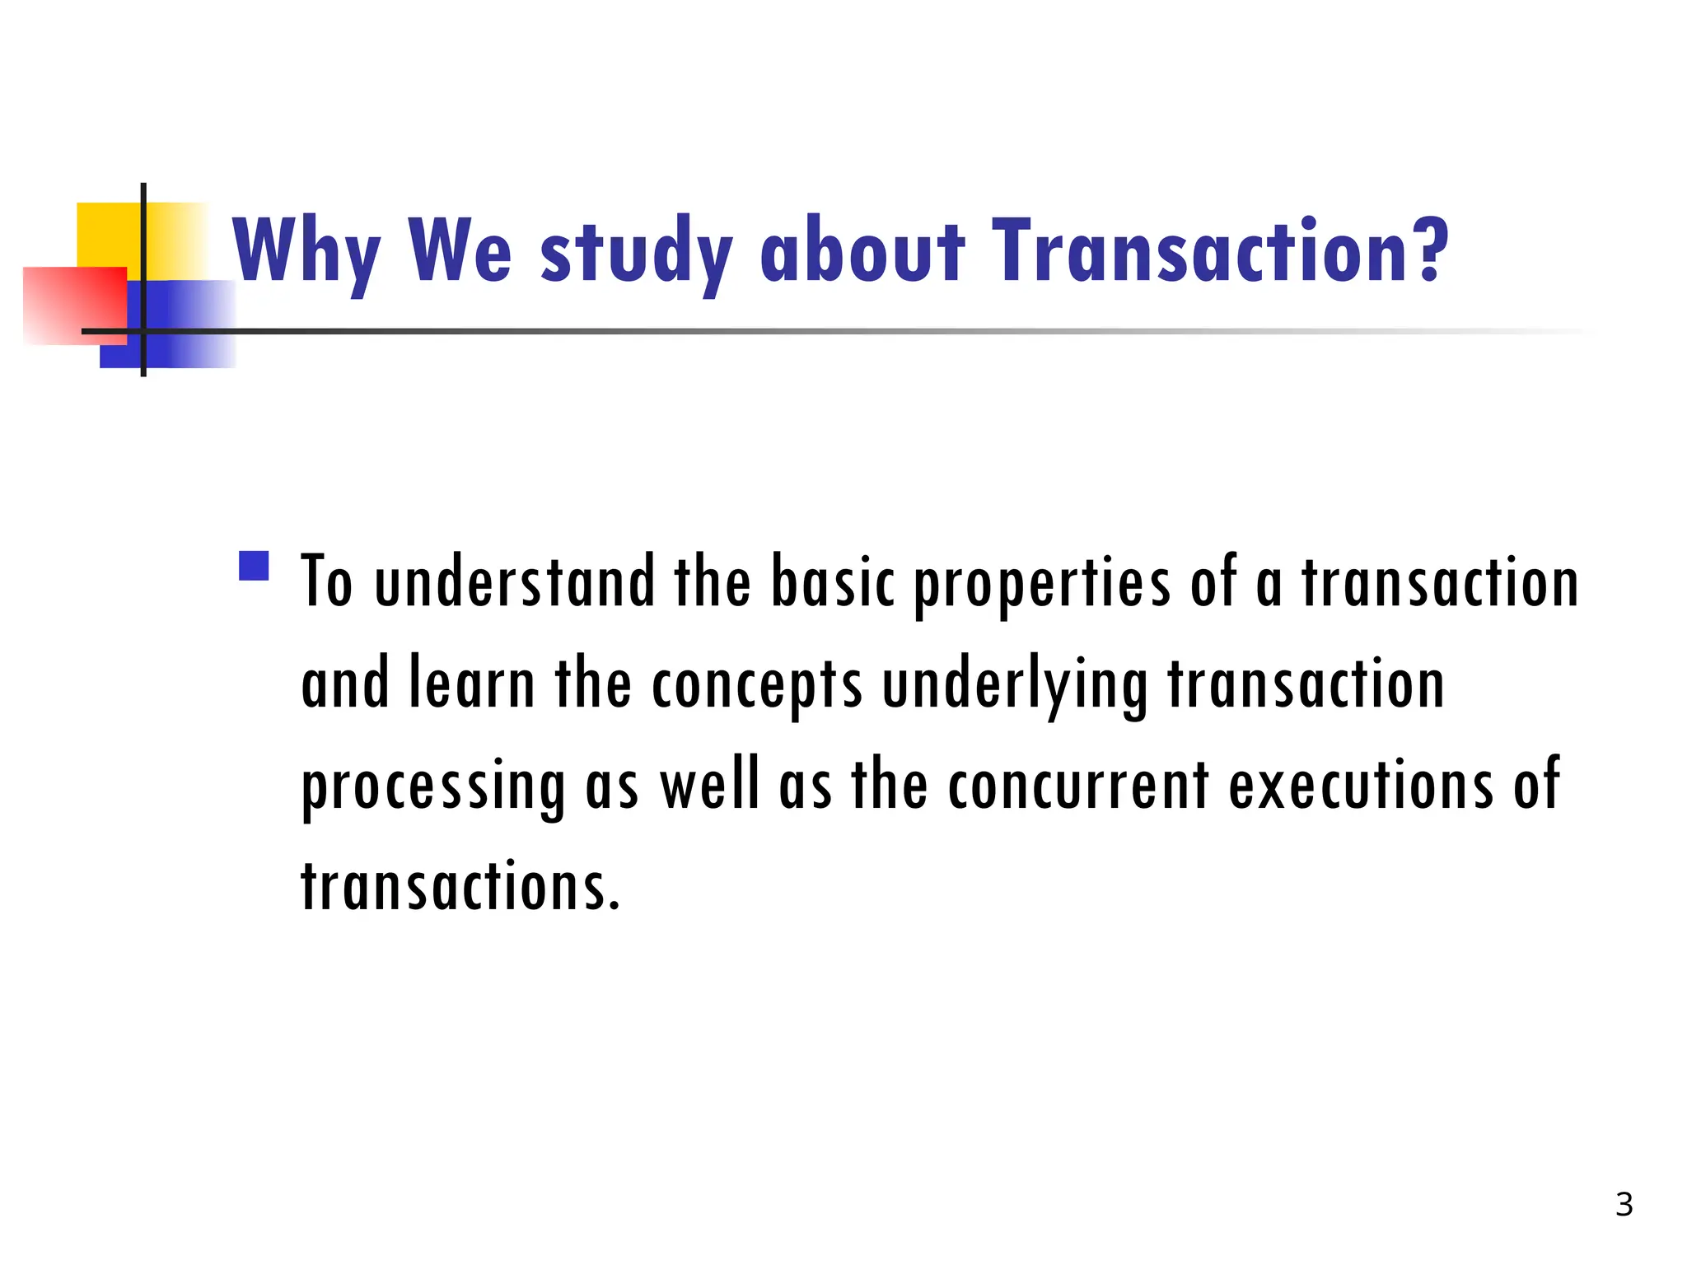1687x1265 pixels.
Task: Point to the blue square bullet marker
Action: [254, 567]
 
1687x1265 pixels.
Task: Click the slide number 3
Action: [1624, 1205]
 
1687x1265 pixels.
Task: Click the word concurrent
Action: [1078, 786]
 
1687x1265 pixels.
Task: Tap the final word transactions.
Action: [460, 886]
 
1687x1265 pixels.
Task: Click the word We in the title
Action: [459, 250]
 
